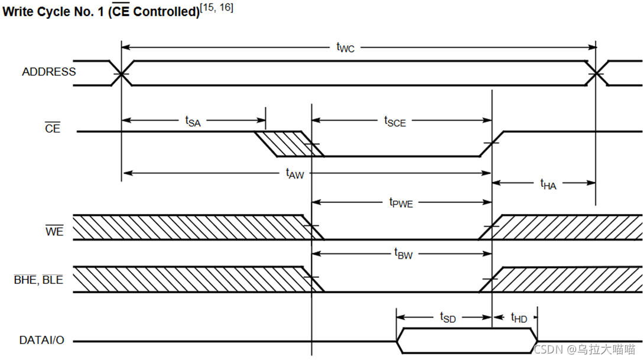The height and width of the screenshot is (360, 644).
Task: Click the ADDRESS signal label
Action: tap(49, 72)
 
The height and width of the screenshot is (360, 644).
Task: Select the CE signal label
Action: tap(53, 128)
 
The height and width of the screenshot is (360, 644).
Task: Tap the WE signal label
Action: tap(54, 232)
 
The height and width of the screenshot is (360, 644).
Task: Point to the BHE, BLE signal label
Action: tap(38, 280)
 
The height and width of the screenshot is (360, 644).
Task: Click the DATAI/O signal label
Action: tap(42, 340)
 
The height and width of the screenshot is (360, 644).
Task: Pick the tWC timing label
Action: tap(346, 48)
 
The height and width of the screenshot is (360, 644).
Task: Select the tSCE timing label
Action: tap(395, 121)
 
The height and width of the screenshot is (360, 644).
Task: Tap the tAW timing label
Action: tap(294, 173)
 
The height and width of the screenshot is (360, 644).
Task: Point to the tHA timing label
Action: tap(548, 184)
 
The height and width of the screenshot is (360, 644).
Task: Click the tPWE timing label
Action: tap(401, 202)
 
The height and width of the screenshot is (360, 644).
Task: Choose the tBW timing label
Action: tap(403, 254)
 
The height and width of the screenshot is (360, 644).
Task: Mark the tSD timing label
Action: tap(448, 317)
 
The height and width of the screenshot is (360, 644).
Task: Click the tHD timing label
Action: tap(519, 317)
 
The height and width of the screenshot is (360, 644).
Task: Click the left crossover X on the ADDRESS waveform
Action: tap(122, 73)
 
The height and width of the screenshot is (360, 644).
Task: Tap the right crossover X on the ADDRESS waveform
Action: tap(596, 73)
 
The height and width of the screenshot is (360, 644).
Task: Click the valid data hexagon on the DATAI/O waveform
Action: tap(467, 340)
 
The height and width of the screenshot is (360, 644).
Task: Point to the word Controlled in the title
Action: tap(166, 11)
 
